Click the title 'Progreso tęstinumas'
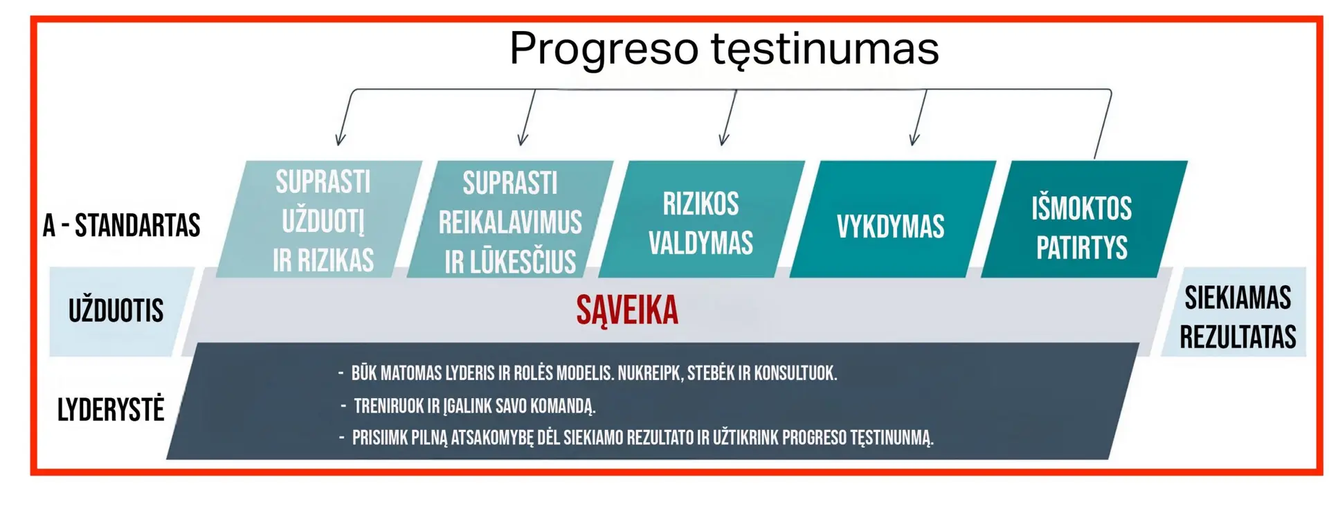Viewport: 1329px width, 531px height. [724, 48]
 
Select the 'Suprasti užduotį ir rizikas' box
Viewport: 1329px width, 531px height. [319, 219]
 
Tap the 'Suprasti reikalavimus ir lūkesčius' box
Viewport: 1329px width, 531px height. [510, 219]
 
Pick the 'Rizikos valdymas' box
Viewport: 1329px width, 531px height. [701, 219]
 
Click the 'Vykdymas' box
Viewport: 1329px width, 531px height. [893, 219]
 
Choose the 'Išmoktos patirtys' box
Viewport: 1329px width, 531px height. [1084, 219]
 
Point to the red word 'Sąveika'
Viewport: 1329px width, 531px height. [627, 310]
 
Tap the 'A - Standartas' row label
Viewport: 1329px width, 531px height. [121, 225]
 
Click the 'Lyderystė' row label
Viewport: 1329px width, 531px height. [111, 409]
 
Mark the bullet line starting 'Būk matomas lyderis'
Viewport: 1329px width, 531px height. [588, 373]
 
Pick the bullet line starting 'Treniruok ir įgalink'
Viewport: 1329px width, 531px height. [468, 406]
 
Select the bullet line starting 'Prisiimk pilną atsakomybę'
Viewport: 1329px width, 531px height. [636, 438]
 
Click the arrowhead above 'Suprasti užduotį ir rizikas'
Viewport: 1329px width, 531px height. [339, 139]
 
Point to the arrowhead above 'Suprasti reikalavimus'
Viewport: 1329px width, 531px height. [523, 138]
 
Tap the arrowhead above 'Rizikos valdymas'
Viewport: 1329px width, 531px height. [723, 138]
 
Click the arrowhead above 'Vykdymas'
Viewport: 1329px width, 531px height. [914, 138]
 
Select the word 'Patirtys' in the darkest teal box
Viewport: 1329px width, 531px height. [1082, 248]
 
